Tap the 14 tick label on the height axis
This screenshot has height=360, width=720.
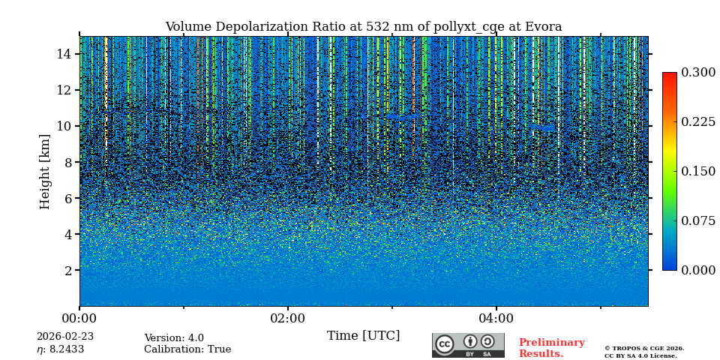pos(64,54)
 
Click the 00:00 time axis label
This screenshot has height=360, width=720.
pos(79,319)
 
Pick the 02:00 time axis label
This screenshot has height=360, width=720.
pos(288,319)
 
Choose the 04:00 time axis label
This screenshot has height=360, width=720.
pos(496,319)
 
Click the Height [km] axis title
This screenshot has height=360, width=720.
pos(45,171)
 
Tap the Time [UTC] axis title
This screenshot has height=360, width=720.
pos(363,335)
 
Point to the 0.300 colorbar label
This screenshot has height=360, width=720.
pos(698,73)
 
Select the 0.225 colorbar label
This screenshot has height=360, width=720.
pos(698,122)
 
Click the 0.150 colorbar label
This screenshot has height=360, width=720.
pos(698,171)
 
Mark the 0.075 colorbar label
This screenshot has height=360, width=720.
pos(698,220)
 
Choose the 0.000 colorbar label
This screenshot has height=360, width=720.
pos(698,270)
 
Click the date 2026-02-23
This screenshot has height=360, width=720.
pos(65,337)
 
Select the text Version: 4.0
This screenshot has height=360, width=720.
pos(174,338)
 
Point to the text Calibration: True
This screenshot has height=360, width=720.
pos(187,349)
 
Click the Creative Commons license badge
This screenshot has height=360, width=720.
pos(468,345)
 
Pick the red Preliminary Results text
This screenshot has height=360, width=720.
pos(551,348)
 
